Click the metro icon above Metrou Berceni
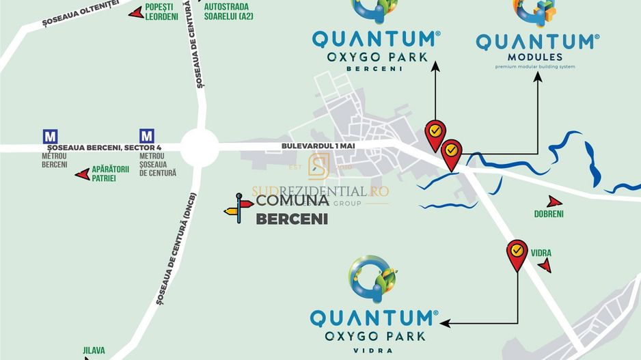[50, 135]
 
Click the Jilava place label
[94, 350]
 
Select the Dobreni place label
[549, 214]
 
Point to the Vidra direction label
[541, 253]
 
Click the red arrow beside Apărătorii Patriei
[82, 174]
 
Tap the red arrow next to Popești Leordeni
[136, 13]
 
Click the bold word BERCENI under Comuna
[292, 219]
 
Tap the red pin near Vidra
[517, 255]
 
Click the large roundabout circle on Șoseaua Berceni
[200, 146]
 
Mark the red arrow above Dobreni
[554, 202]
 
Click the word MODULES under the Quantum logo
[535, 57]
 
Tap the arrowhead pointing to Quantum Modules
[538, 77]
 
